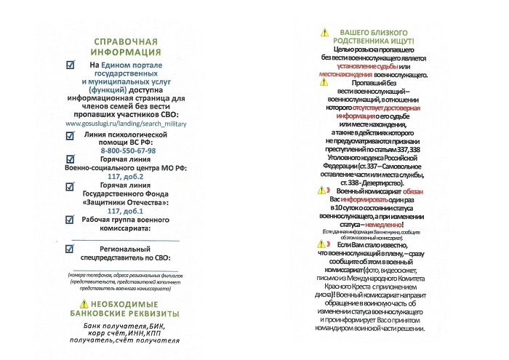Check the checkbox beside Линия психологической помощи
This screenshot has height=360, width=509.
coord(71,137)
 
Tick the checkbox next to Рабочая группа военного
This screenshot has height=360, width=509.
coord(71,220)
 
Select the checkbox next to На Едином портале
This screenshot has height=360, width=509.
coord(71,65)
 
